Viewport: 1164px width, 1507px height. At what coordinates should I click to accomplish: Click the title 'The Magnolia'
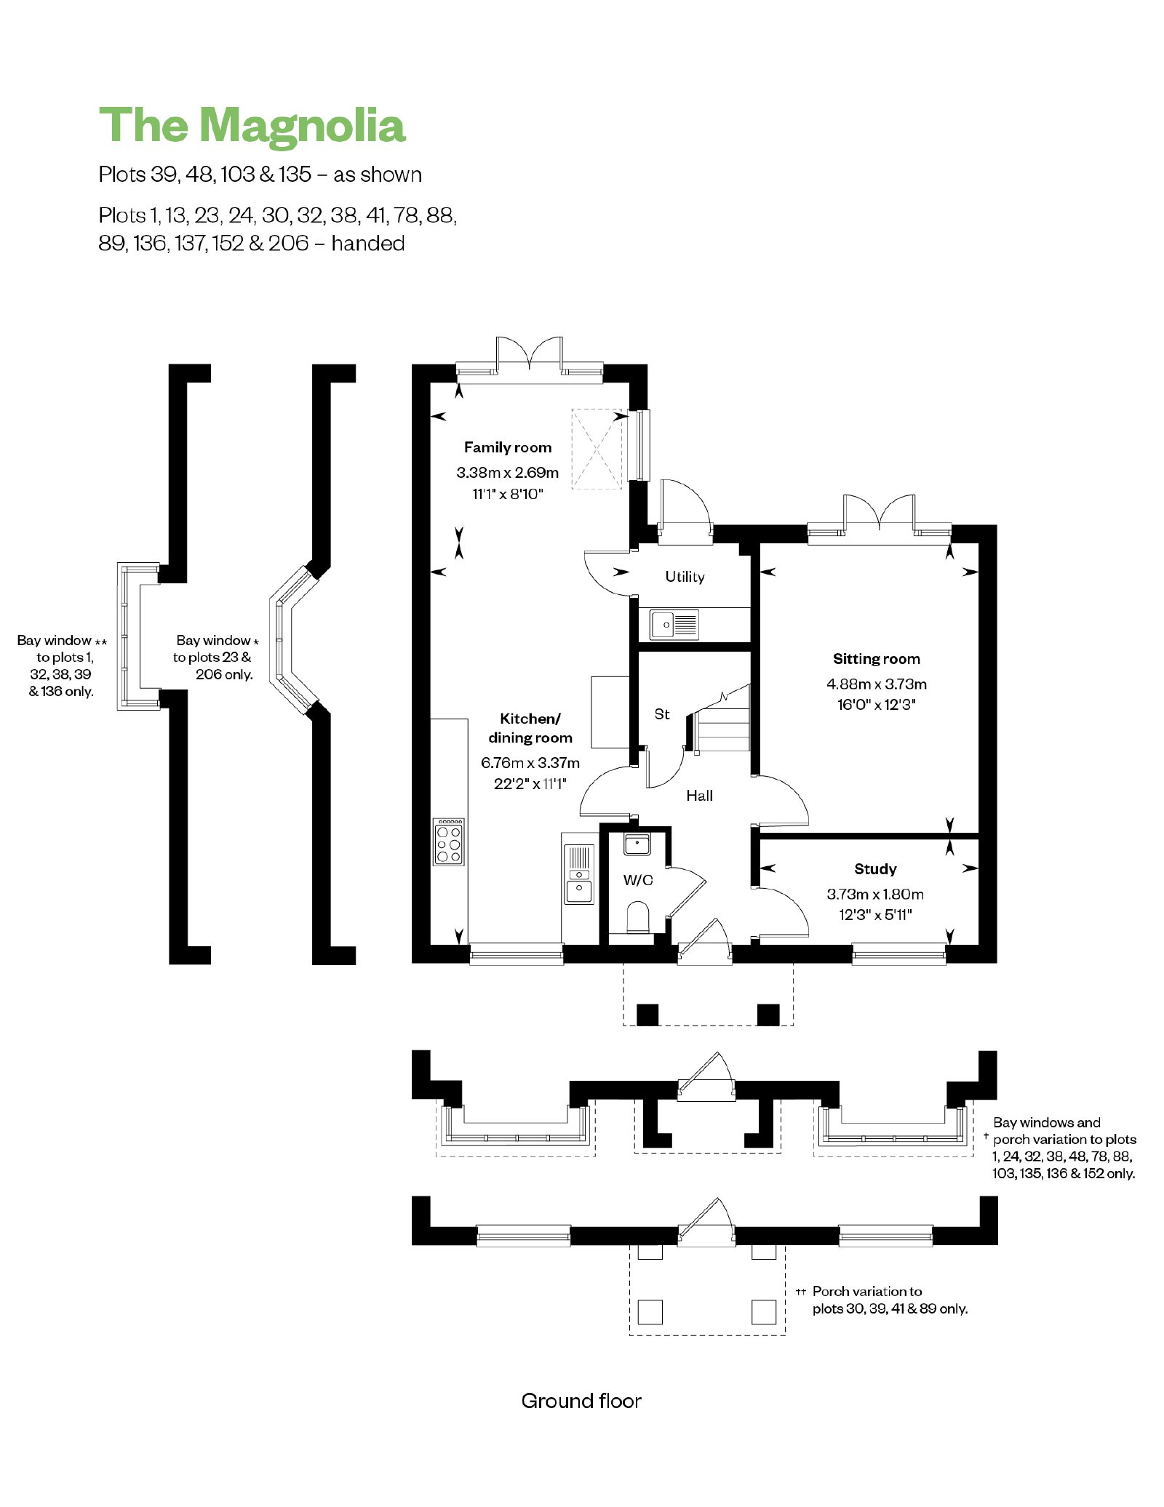[252, 125]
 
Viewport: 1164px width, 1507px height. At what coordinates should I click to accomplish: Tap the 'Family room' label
[508, 447]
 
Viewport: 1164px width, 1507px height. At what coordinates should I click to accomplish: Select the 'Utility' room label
[685, 577]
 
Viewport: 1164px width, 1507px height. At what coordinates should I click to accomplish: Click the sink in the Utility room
[674, 625]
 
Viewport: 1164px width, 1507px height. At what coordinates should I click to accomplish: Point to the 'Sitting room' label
[877, 659]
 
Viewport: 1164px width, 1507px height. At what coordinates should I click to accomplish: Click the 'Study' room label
[875, 869]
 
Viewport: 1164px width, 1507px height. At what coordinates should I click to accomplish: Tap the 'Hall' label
[699, 796]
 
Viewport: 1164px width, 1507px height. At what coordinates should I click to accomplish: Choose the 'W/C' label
[638, 880]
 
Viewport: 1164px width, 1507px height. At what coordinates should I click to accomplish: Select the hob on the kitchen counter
[448, 842]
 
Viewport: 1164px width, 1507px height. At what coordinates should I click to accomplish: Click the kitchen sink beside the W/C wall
[579, 874]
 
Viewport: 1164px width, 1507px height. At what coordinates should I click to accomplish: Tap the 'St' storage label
[662, 714]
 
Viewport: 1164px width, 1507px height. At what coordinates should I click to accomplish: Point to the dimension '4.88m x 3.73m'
[877, 684]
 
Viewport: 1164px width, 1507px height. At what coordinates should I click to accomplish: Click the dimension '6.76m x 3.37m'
[530, 763]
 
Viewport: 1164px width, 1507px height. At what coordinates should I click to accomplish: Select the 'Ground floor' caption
[581, 1401]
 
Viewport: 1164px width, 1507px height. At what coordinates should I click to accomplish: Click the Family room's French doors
[530, 353]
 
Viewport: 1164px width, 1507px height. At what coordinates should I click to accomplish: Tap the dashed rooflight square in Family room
[597, 449]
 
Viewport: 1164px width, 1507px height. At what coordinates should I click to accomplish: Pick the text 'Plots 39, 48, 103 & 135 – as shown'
[260, 175]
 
